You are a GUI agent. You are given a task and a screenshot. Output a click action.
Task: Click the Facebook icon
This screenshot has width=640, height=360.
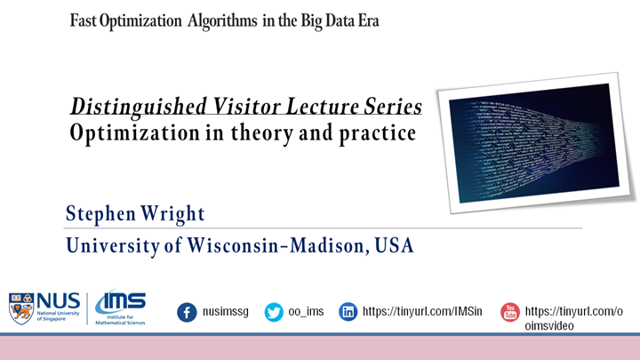[187, 312]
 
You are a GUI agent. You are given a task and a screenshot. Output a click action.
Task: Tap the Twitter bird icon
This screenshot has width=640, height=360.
[274, 312]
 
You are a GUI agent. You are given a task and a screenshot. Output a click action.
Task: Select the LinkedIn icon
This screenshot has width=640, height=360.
[349, 312]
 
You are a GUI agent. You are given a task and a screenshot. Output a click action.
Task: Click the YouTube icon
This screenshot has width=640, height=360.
[509, 312]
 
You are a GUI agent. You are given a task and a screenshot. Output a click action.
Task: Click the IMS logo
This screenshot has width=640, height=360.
[120, 308]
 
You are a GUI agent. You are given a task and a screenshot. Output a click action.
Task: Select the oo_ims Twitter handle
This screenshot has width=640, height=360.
[308, 312]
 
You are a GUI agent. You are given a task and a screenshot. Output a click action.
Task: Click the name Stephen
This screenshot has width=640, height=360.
[98, 214]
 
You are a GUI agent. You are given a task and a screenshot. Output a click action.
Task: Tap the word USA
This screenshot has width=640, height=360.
[392, 244]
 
